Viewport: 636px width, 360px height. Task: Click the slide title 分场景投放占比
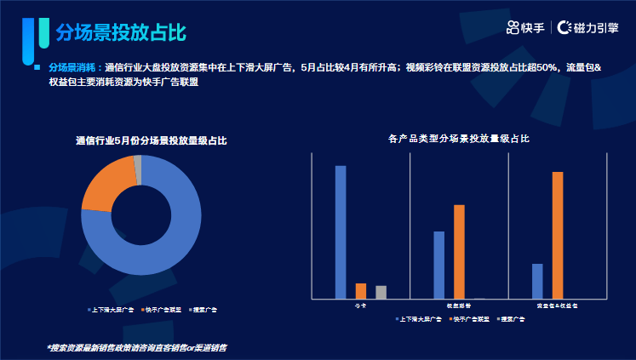coord(120,32)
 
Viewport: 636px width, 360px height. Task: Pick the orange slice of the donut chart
coord(106,184)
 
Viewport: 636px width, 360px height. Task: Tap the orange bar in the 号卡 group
coord(361,290)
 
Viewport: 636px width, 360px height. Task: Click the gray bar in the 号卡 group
coord(381,292)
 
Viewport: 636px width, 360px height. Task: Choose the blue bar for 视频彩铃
coord(439,264)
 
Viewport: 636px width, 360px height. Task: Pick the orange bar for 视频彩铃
coord(459,251)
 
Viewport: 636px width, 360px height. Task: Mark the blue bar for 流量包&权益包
coord(537,280)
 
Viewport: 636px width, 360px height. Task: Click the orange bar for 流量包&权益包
coord(558,234)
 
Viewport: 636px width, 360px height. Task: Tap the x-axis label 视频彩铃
coord(459,306)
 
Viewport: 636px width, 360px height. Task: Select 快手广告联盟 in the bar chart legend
coord(470,318)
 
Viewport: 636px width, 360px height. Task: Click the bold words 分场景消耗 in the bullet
coord(70,66)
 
